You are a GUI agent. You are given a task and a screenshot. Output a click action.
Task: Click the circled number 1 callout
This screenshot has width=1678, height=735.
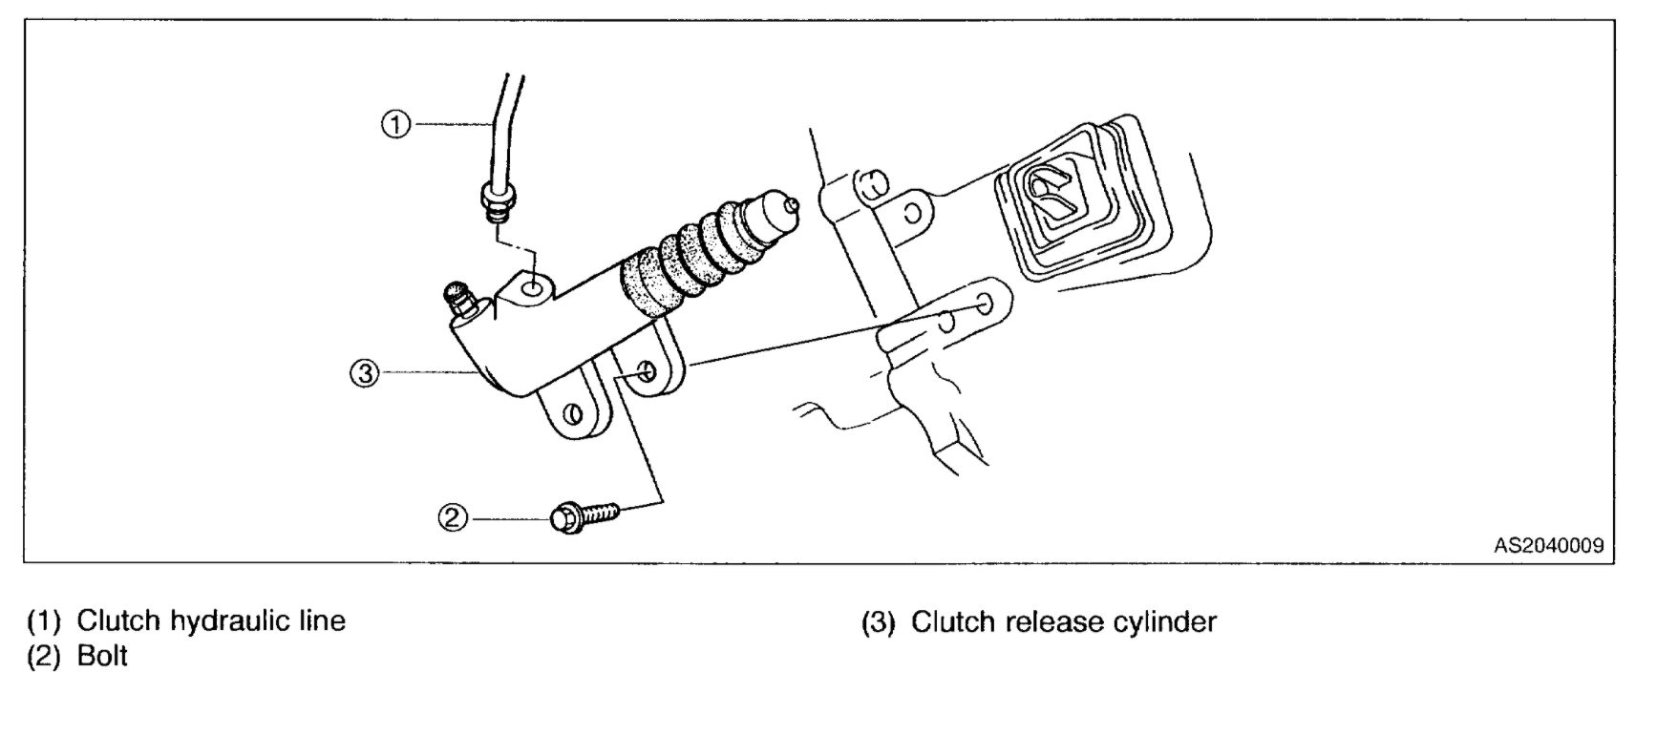click(x=396, y=124)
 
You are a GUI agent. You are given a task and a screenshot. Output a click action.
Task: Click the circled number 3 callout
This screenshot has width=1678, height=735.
click(x=364, y=373)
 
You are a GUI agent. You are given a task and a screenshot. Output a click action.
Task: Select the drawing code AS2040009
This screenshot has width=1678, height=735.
click(x=1548, y=546)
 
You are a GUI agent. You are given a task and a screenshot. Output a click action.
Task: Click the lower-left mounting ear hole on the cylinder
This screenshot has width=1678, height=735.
click(x=574, y=413)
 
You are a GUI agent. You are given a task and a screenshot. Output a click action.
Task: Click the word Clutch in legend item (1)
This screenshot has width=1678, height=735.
click(x=118, y=620)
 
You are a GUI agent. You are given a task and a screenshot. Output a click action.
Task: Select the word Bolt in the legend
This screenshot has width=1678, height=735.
click(x=102, y=657)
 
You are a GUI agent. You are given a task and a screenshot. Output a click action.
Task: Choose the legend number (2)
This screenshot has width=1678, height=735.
click(x=44, y=657)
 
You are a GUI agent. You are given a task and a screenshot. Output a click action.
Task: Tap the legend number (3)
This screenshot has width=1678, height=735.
click(x=878, y=622)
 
